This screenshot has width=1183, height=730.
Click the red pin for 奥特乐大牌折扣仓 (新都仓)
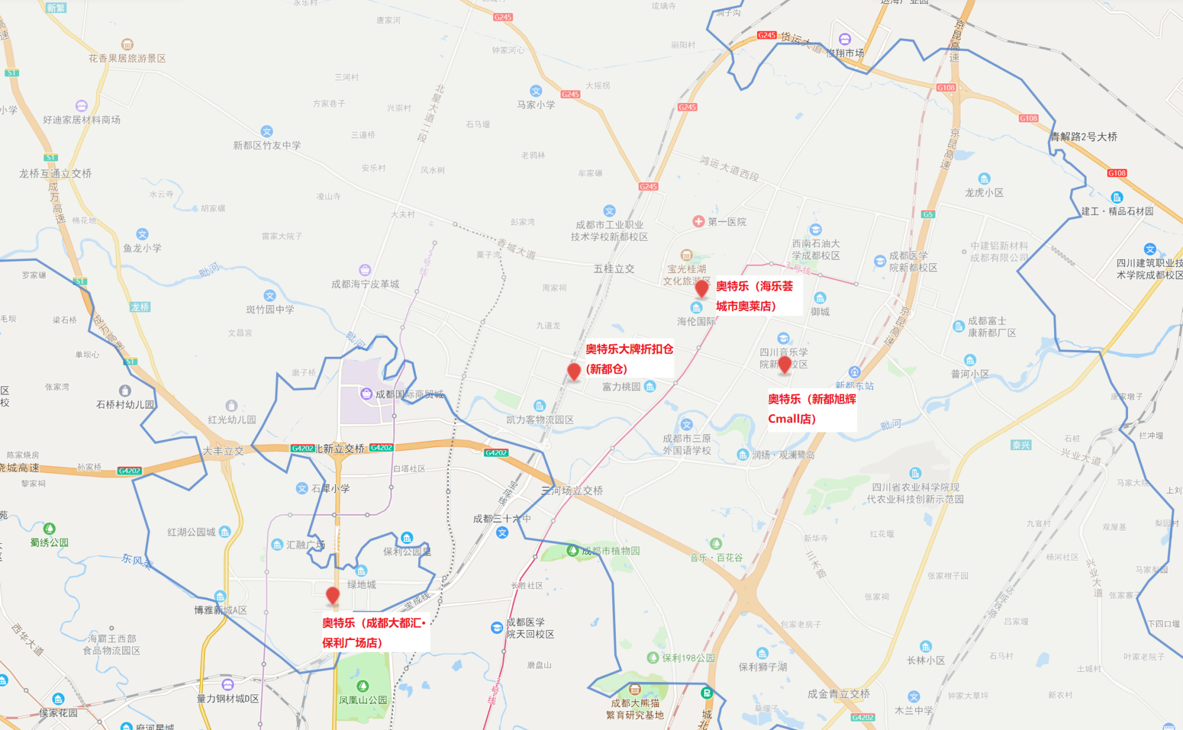click(573, 372)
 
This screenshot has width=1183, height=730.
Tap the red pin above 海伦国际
click(702, 289)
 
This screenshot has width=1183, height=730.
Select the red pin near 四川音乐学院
click(784, 364)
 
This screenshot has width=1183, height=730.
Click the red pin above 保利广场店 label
click(333, 595)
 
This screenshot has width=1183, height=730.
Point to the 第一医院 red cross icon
click(699, 221)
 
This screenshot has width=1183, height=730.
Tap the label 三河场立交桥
click(572, 490)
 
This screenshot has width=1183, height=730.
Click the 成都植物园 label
click(610, 551)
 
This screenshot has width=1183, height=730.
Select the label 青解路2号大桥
click(1084, 137)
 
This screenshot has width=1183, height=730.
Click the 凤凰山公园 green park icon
click(363, 686)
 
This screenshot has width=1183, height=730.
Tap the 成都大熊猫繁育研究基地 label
click(635, 709)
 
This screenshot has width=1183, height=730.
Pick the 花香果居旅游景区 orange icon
click(127, 44)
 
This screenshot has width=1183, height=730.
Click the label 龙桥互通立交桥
click(56, 173)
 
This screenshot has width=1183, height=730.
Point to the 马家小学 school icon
click(536, 91)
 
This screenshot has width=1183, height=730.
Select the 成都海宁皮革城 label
click(365, 284)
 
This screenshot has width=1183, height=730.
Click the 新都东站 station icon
click(854, 372)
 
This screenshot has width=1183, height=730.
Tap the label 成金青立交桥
click(838, 694)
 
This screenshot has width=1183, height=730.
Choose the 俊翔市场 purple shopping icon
click(845, 39)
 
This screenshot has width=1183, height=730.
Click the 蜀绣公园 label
click(50, 542)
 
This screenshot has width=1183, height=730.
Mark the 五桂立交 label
click(614, 269)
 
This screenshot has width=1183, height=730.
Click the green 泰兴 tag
click(1021, 445)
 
